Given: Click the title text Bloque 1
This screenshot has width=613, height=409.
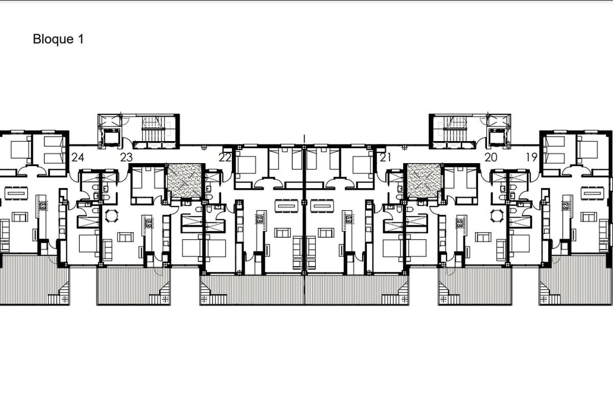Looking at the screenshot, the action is point(58,39).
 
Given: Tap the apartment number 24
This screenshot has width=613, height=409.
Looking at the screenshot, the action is point(78,157).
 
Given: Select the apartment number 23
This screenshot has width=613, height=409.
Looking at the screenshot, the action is point(127,157).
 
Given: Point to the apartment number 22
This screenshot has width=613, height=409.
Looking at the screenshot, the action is point(225,157).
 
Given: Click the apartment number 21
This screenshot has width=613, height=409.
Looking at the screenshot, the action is point(385,157).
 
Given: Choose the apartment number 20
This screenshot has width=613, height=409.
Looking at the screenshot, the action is point(491,157).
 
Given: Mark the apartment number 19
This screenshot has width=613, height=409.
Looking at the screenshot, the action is point(532,157).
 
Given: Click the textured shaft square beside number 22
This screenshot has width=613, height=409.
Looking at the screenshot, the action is point(185,180).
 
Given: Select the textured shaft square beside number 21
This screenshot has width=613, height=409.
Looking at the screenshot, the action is point(424,180).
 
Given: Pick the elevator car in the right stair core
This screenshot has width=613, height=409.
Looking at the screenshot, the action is point(497,139).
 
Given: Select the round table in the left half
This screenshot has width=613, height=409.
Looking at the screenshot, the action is point(112,216).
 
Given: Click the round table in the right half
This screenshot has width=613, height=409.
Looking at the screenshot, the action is point(497,216).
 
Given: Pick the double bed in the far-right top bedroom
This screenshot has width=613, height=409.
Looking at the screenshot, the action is point(587,150).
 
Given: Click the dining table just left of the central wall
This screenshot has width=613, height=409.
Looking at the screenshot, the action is point(287,206).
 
